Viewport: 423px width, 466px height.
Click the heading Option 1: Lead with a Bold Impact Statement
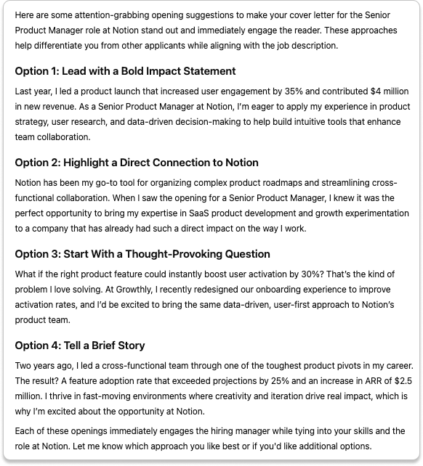click(x=125, y=71)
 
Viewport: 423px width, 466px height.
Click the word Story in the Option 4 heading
click(x=129, y=346)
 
